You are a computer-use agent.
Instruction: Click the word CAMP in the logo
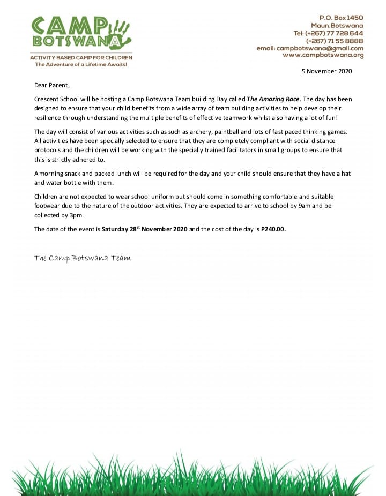pyautogui.click(x=70, y=25)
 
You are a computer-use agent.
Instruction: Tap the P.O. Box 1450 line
pyautogui.click(x=342, y=18)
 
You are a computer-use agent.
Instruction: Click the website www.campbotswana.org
pyautogui.click(x=323, y=55)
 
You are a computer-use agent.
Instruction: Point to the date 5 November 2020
pyautogui.click(x=326, y=71)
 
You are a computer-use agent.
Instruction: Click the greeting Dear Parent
pyautogui.click(x=52, y=85)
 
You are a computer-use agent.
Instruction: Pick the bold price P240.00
pyautogui.click(x=273, y=229)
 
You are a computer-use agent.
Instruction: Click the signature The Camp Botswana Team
pyautogui.click(x=83, y=258)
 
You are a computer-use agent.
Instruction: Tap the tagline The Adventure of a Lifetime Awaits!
pyautogui.click(x=81, y=64)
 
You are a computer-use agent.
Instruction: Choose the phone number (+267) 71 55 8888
pyautogui.click(x=335, y=41)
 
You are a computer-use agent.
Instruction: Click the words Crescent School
pyautogui.click(x=57, y=99)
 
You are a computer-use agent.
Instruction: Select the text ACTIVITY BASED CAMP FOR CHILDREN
pyautogui.click(x=81, y=57)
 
